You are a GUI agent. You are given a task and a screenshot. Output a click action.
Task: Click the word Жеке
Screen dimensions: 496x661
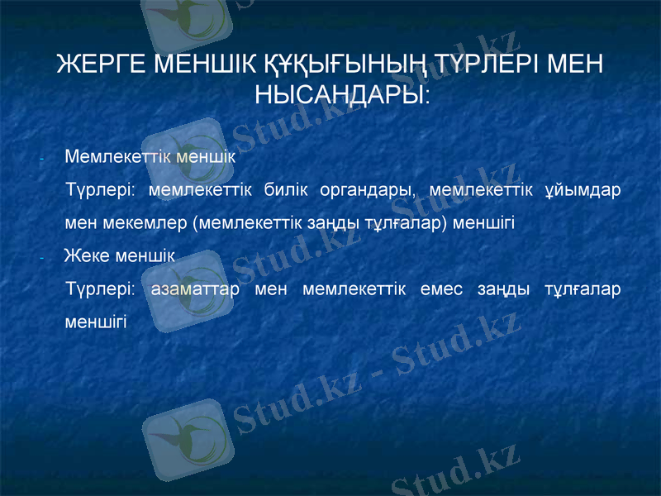(86, 255)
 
